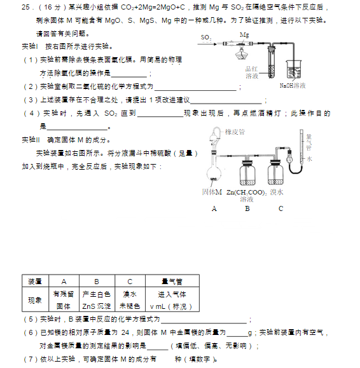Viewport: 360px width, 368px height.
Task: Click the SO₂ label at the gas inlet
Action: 205,38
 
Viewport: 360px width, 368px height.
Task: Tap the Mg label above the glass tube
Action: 244,34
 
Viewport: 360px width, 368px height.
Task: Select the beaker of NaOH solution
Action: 293,69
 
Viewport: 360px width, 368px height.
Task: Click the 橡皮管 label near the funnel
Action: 235,132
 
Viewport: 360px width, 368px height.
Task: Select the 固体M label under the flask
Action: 212,191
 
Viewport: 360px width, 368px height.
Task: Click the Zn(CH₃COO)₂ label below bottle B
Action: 247,192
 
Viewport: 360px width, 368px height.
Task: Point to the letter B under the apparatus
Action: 247,208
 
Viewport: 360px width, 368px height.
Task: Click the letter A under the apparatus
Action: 214,208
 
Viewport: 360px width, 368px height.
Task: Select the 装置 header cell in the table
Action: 34,281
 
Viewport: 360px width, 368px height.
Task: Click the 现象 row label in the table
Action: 34,300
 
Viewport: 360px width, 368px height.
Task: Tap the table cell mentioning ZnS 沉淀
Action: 96,300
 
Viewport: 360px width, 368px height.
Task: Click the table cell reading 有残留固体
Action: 64,300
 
